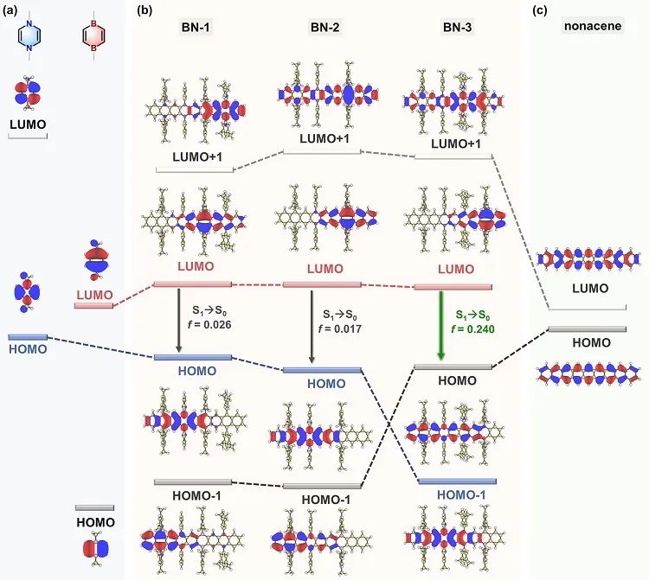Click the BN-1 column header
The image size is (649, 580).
(195, 28)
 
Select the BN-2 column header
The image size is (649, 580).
(325, 28)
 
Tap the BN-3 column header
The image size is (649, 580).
(453, 28)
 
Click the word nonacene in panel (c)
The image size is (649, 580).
(588, 26)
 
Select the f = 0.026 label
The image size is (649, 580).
(210, 324)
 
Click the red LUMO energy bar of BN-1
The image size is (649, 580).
(192, 284)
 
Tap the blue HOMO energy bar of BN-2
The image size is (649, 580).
(322, 370)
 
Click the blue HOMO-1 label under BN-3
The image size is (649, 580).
(456, 494)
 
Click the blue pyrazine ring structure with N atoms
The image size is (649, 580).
(31, 36)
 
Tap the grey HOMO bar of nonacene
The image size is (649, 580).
(587, 329)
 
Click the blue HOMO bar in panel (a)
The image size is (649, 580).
(28, 336)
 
